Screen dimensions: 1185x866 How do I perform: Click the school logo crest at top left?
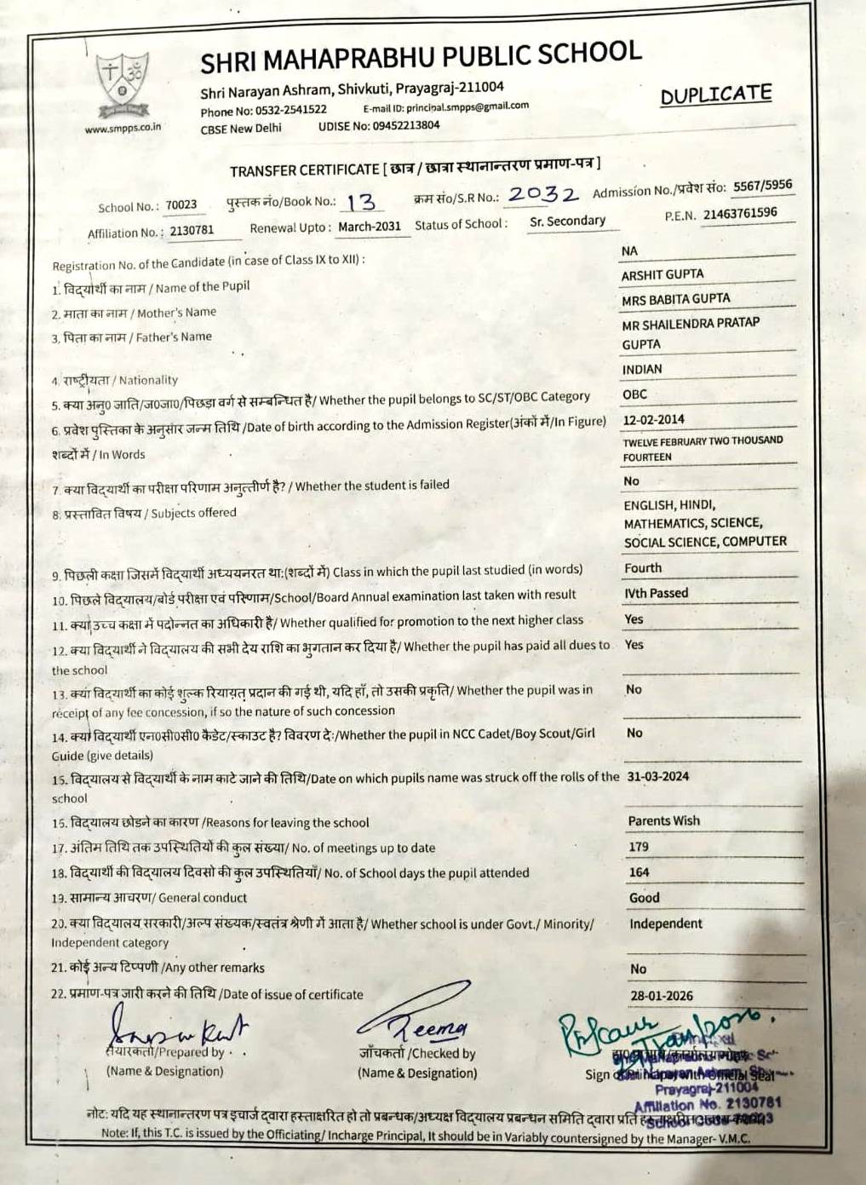tap(122, 83)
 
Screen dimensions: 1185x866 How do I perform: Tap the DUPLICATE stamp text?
tap(716, 95)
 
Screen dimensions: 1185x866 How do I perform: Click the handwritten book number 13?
tap(362, 202)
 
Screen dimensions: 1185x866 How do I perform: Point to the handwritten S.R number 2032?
tap(542, 195)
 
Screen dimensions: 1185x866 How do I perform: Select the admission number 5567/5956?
tap(762, 186)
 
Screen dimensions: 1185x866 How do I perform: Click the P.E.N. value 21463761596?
tap(739, 213)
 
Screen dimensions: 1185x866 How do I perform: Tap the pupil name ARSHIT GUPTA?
tap(662, 274)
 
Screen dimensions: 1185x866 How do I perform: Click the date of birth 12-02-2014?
tap(653, 420)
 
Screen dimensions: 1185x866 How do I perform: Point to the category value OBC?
tap(634, 394)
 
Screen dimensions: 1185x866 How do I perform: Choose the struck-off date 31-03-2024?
tap(657, 776)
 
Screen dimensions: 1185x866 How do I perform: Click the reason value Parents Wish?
tap(663, 820)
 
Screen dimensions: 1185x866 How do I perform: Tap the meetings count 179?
tap(639, 847)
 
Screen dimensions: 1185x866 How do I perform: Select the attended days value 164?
tap(639, 872)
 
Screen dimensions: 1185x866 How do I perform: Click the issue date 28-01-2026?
tap(662, 995)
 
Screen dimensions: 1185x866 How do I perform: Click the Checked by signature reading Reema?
tap(417, 1022)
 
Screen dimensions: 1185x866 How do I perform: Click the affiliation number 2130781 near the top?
tap(192, 230)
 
